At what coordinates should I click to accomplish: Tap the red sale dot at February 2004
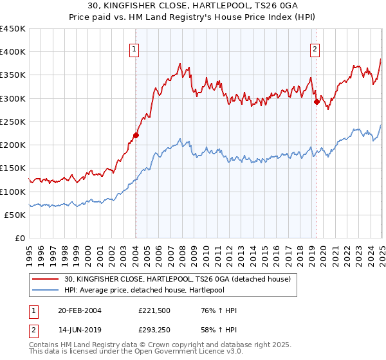pyautogui.click(x=136, y=135)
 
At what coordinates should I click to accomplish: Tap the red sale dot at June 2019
pyautogui.click(x=317, y=101)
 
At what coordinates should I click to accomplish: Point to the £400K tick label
pyautogui.click(x=13, y=52)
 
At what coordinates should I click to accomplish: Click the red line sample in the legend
pyautogui.click(x=46, y=279)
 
